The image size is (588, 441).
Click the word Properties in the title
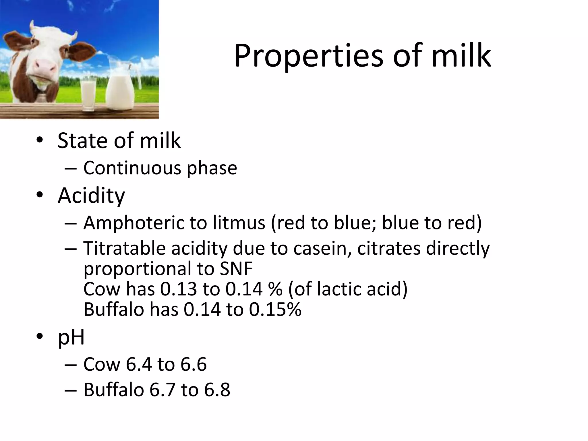click(308, 56)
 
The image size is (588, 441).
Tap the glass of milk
click(88, 93)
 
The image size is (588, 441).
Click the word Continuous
click(132, 168)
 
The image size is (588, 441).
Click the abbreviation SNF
click(236, 269)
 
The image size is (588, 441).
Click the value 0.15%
click(275, 310)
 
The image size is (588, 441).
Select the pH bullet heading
click(71, 337)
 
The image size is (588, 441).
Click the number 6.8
click(217, 390)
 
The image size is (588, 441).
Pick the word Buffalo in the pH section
click(114, 390)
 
